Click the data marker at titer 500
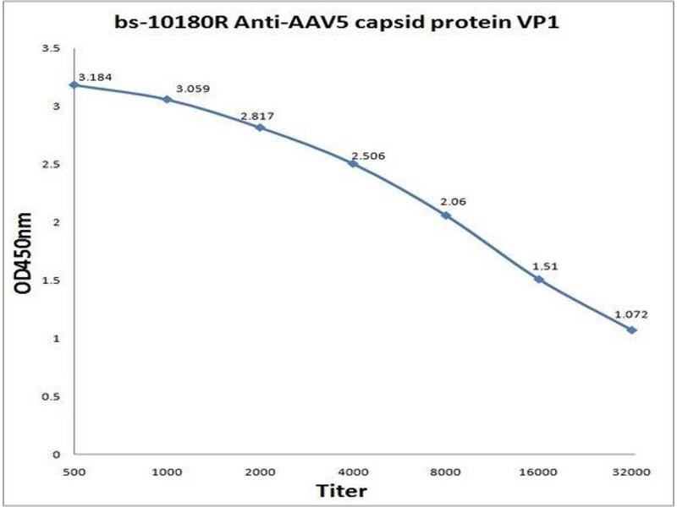[x=74, y=84]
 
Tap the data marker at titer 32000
[x=631, y=330]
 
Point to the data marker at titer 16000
[x=538, y=279]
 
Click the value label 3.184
[x=95, y=77]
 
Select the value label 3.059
[x=192, y=89]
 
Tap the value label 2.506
[x=367, y=155]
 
